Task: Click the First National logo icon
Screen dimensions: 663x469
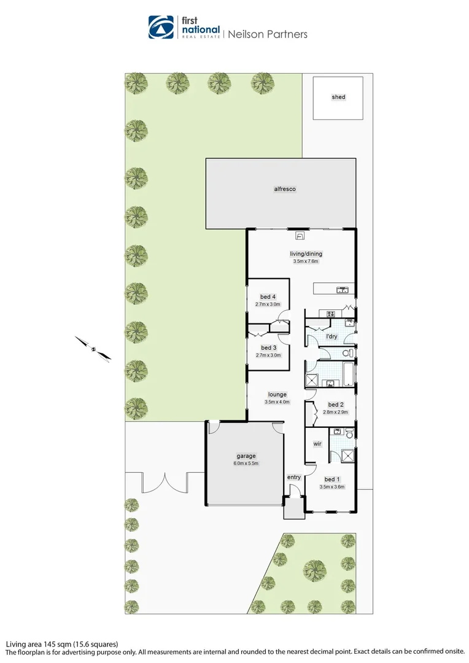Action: pos(161,28)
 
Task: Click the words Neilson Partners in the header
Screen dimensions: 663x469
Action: pos(267,34)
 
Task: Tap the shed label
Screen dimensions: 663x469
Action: pos(338,97)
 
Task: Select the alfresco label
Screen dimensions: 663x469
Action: pos(285,189)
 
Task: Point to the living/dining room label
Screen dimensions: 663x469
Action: pos(306,254)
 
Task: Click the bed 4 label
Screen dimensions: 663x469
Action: pos(268,297)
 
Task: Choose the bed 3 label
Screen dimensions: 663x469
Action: pos(268,348)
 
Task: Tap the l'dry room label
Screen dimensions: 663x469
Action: pos(331,336)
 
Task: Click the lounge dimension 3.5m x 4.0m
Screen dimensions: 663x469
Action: pos(276,401)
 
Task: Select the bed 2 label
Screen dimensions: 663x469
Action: pos(335,405)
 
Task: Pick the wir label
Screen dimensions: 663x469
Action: pos(317,443)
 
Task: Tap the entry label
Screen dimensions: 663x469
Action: pos(294,477)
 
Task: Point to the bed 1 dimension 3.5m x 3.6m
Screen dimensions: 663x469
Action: pos(332,487)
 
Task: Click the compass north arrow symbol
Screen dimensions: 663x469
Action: pos(93,349)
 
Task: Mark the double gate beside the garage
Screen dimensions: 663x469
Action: pos(164,481)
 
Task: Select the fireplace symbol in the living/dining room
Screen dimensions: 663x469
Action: pos(301,235)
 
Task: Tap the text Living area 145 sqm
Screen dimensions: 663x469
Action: pos(36,644)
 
